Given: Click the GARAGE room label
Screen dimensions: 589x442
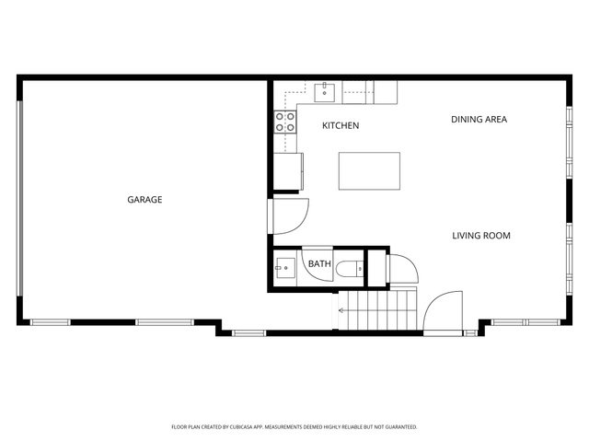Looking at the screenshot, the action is (144, 200).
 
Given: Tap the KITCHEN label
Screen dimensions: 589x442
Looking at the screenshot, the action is (341, 125).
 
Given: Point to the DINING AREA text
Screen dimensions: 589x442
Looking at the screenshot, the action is (479, 120).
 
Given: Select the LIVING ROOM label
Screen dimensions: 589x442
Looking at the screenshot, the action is (481, 236).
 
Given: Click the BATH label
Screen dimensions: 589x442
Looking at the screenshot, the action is (319, 264).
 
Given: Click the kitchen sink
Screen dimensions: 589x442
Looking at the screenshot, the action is (325, 92).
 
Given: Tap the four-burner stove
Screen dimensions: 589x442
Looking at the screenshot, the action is (285, 122).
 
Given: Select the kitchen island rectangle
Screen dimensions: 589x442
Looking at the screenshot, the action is (369, 171).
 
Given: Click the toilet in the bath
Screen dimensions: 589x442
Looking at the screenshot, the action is (350, 269).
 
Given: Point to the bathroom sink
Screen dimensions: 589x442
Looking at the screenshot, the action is (285, 268).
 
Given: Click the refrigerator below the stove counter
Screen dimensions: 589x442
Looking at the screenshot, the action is (288, 171).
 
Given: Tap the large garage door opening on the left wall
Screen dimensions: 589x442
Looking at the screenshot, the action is (19, 199).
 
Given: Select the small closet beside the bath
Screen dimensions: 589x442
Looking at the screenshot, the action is (376, 268).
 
